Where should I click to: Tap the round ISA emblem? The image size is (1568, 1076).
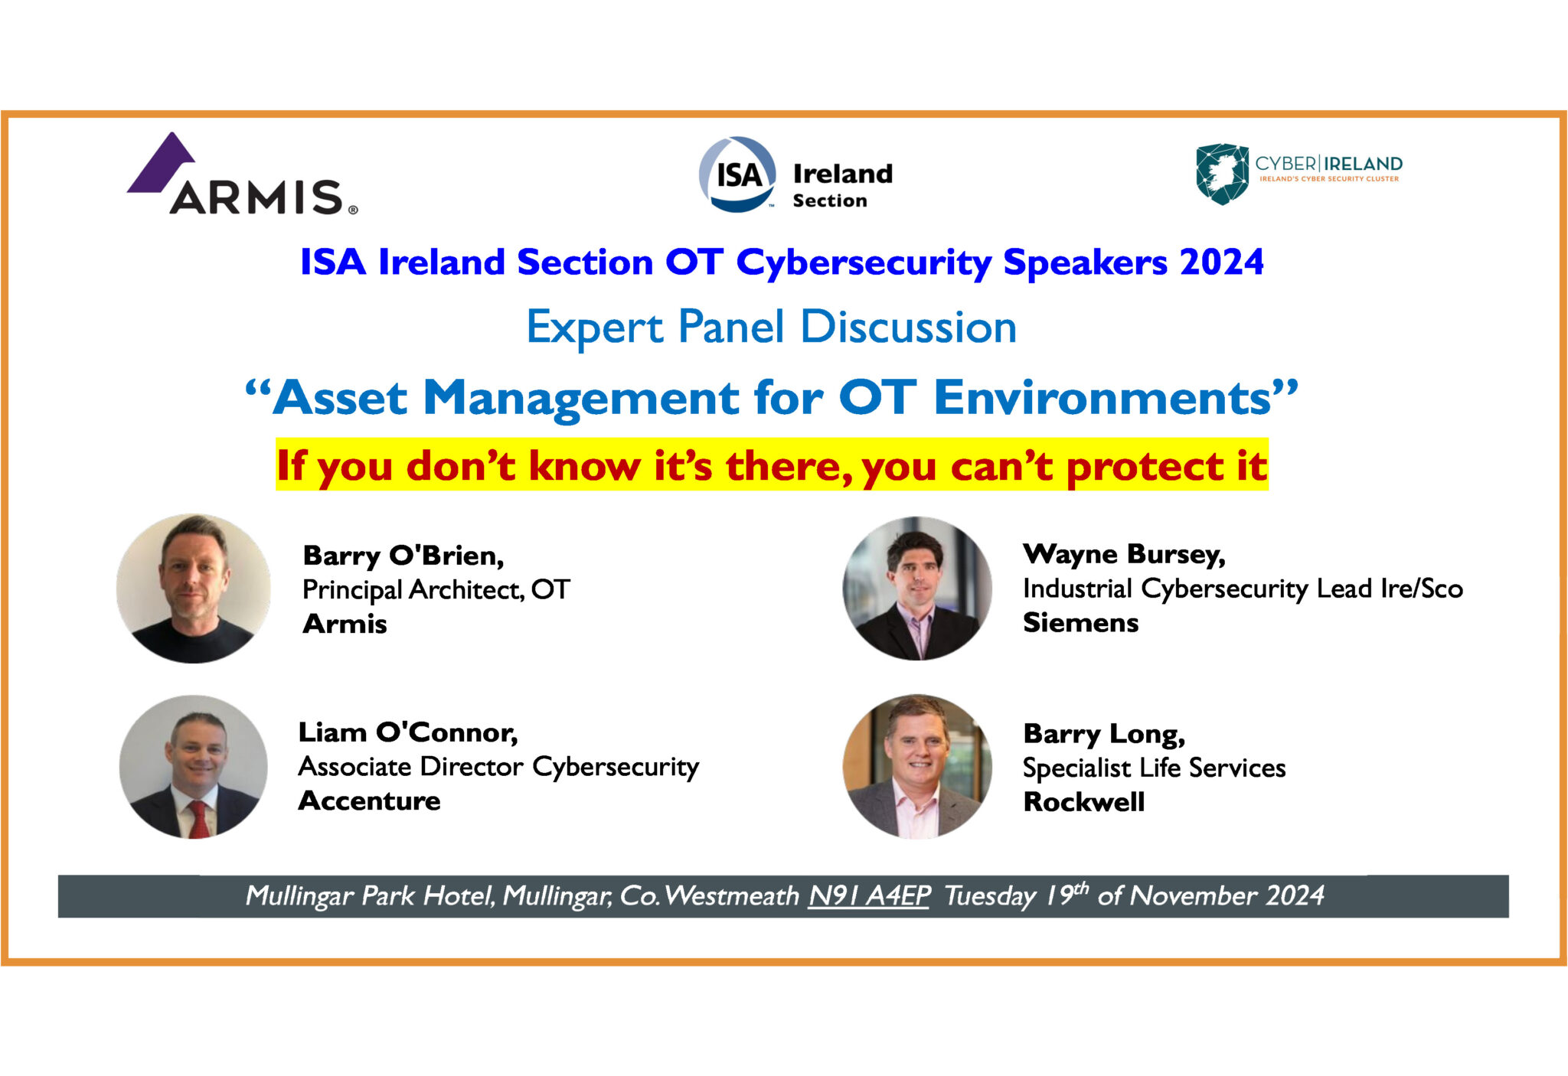click(737, 174)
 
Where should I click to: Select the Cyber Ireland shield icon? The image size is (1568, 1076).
click(1222, 174)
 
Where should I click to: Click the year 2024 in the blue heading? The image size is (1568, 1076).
click(1221, 262)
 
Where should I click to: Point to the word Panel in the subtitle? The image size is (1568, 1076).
click(731, 328)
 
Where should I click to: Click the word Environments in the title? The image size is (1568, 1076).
click(1102, 398)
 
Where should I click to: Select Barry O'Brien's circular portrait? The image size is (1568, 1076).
click(194, 589)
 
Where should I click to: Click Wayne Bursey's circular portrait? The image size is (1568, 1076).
click(917, 589)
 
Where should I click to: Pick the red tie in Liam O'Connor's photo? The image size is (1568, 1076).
click(198, 818)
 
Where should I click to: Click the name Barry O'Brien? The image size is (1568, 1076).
click(403, 556)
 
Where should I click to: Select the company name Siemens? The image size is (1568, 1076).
click(1080, 623)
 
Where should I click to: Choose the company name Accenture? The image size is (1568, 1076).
click(369, 801)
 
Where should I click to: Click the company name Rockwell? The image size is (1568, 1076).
click(1083, 802)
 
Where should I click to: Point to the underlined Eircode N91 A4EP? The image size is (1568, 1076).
click(869, 895)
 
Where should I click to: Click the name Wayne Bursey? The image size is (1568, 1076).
click(1124, 554)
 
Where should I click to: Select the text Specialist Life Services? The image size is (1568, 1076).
click(1154, 768)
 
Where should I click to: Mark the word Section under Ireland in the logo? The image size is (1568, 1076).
click(830, 201)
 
